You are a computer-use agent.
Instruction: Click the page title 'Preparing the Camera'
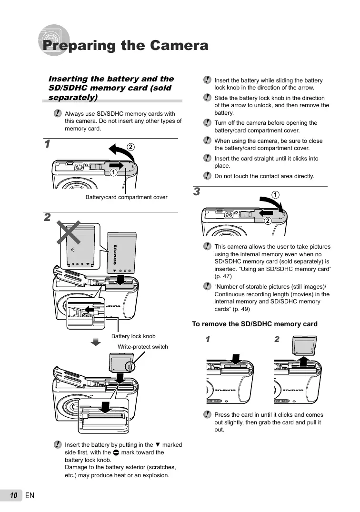coord(125,46)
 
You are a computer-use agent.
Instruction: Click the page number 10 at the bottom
coord(14,496)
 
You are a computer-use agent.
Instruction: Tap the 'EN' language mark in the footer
coord(30,496)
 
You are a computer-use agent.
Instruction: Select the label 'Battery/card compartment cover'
coord(126,197)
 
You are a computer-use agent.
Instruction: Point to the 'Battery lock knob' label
coord(133,336)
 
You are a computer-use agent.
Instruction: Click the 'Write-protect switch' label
coord(143,347)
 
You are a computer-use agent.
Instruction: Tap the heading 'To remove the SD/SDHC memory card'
coord(254,324)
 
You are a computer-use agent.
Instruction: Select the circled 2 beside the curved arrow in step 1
coord(130,146)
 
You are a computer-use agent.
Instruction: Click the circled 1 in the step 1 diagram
coord(113,172)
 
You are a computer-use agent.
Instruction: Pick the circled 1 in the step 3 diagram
coord(275,194)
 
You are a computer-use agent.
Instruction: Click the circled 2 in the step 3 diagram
coord(268,221)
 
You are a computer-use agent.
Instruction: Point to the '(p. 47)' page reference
coord(224,276)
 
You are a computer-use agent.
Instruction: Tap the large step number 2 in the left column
coord(47,218)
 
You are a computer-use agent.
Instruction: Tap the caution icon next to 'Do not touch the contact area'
coord(207,176)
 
